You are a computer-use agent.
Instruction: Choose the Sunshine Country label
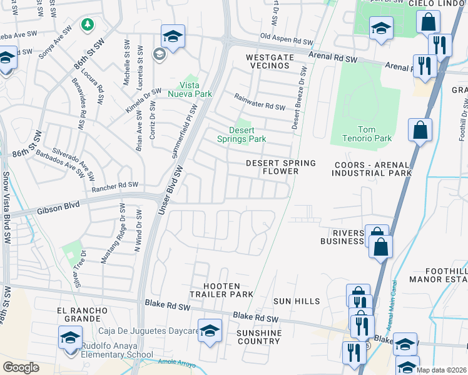tap(258, 337)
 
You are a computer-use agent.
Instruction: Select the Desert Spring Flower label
tap(280, 167)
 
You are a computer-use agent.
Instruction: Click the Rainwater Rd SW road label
tap(260, 102)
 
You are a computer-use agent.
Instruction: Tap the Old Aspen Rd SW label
tap(287, 39)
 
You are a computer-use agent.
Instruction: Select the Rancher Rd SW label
tap(114, 186)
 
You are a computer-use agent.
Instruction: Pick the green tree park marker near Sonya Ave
tap(88, 24)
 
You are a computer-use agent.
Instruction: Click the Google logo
tap(21, 367)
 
